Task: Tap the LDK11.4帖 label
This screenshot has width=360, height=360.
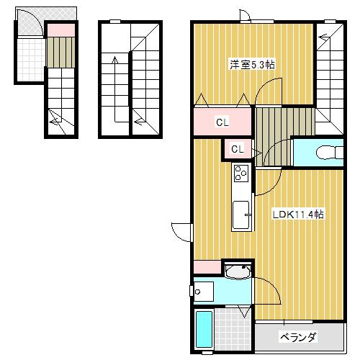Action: tap(297, 215)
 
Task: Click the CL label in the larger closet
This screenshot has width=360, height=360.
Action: tap(222, 122)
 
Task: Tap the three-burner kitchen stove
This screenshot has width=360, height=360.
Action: tap(240, 173)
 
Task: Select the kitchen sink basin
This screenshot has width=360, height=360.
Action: tap(240, 215)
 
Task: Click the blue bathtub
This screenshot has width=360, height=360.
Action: tap(204, 330)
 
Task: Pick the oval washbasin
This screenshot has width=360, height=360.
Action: tap(236, 271)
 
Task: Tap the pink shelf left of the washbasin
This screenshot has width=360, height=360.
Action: tap(207, 266)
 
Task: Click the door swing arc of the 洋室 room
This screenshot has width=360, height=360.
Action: tap(265, 90)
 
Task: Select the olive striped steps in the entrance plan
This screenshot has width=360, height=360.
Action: tap(61, 52)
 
